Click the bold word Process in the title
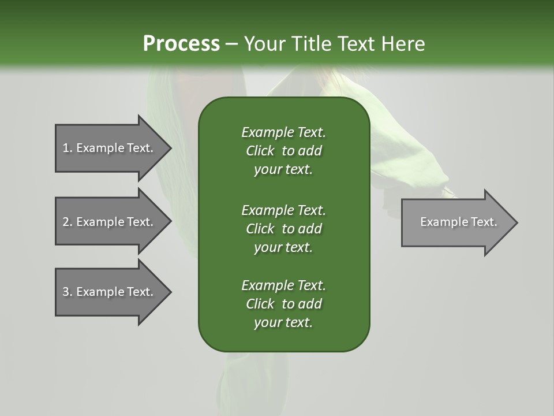point(181,44)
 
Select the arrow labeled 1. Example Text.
point(110,148)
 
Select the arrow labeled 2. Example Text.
point(110,222)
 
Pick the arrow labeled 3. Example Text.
point(110,292)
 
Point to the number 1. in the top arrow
point(68,148)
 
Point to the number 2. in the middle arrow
point(68,222)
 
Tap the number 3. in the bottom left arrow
point(68,292)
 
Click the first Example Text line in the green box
point(283,132)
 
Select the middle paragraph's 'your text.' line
point(283,247)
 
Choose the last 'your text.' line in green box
point(283,323)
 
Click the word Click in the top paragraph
point(260,151)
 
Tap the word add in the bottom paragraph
point(310,304)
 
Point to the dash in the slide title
point(231,44)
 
